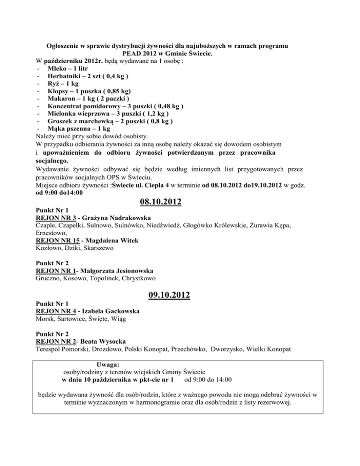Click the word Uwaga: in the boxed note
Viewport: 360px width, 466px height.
[x=107, y=364]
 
